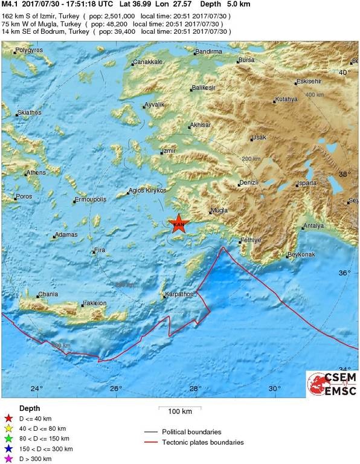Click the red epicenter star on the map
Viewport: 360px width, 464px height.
click(179, 224)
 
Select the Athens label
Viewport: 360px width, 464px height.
click(35, 173)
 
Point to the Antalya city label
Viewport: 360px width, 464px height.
click(314, 226)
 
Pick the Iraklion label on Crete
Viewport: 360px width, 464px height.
click(94, 303)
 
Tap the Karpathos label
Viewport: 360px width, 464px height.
click(178, 294)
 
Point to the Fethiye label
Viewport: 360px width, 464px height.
click(250, 240)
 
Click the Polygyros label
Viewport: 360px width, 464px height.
click(30, 50)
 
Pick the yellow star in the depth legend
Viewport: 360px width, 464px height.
click(8, 428)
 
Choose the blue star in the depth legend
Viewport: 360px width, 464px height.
click(8, 449)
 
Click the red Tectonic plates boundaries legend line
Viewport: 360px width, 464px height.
click(155, 442)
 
